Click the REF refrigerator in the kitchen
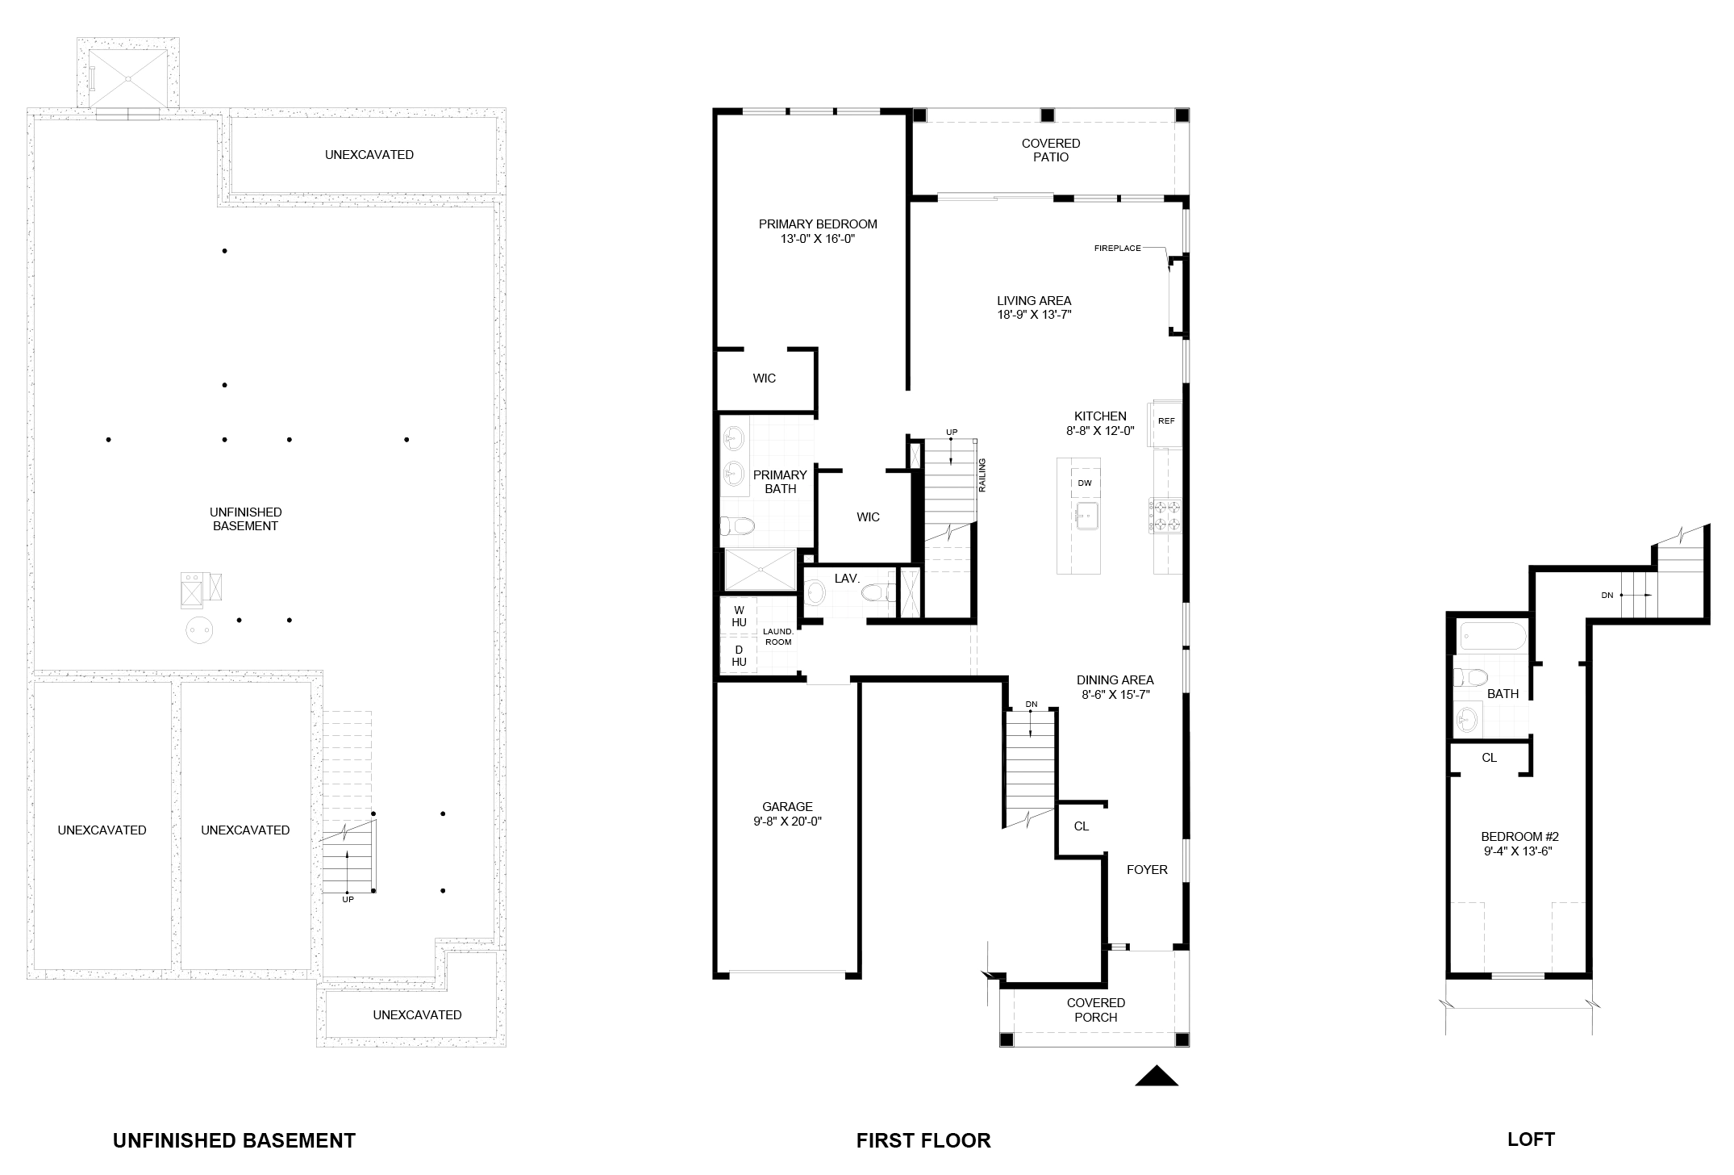[1167, 422]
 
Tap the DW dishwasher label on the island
[1085, 483]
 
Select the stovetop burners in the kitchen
[1165, 516]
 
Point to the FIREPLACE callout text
[1117, 249]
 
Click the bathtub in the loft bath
[1491, 637]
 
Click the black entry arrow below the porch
[1157, 1077]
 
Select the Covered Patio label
[1051, 150]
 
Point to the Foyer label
[1147, 869]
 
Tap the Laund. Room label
[778, 637]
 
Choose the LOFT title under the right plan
[1531, 1139]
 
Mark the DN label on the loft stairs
[1607, 596]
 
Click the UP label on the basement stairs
[348, 899]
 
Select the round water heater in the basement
[198, 629]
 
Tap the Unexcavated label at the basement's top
[369, 155]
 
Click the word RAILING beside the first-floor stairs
[982, 476]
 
